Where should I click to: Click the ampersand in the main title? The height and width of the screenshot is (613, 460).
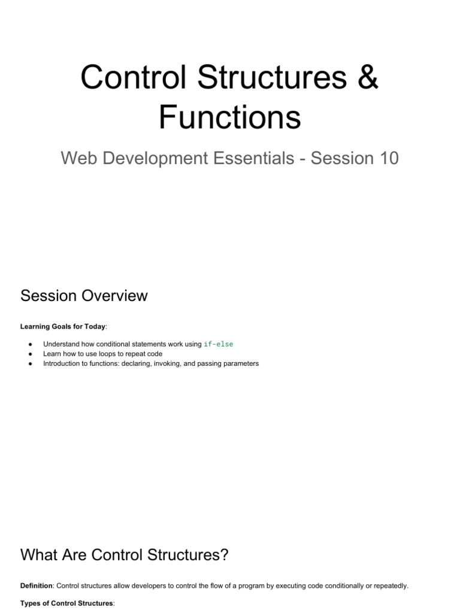pos(366,77)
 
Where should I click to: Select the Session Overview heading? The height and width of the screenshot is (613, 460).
pos(84,296)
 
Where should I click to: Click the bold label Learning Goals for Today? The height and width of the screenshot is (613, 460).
pos(63,326)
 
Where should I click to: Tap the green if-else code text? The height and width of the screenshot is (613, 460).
pos(219,344)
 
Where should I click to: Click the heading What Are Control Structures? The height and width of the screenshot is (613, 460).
pos(125,555)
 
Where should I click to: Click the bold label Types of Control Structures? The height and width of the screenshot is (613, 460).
pos(66,603)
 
